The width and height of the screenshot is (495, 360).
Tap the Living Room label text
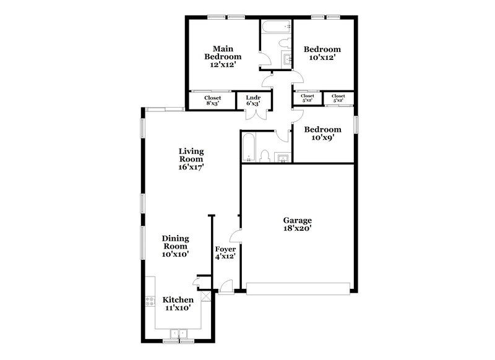[191, 158]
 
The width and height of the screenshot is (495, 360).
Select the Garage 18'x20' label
[297, 224]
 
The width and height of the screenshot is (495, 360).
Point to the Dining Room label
[175, 246]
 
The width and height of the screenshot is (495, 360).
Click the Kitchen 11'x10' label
[177, 304]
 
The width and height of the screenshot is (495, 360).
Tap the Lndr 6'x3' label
[252, 100]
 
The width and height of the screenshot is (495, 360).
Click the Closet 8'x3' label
[213, 100]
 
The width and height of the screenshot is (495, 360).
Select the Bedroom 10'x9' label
[322, 134]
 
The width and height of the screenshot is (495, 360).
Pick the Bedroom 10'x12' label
[322, 53]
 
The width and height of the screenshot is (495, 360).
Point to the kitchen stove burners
[149, 302]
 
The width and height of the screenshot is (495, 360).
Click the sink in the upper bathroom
[287, 60]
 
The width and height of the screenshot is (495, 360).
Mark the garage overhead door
[299, 287]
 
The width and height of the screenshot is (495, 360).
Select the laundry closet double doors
[252, 114]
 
